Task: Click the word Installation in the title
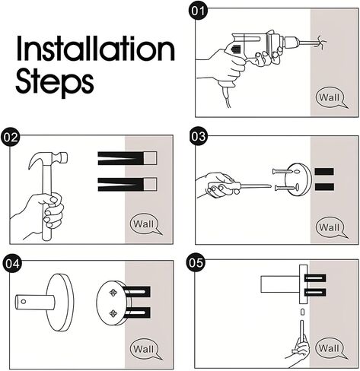click(96, 49)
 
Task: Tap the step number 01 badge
click(198, 11)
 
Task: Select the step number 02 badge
click(11, 137)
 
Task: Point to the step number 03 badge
click(199, 136)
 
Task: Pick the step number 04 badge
click(12, 264)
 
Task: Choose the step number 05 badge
click(196, 262)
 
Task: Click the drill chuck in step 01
click(291, 42)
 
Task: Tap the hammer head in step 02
click(48, 159)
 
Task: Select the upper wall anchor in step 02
click(127, 158)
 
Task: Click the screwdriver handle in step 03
click(221, 185)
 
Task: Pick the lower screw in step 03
click(286, 188)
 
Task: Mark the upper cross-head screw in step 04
click(113, 293)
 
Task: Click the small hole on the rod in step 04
click(24, 302)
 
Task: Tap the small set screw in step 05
click(302, 312)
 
